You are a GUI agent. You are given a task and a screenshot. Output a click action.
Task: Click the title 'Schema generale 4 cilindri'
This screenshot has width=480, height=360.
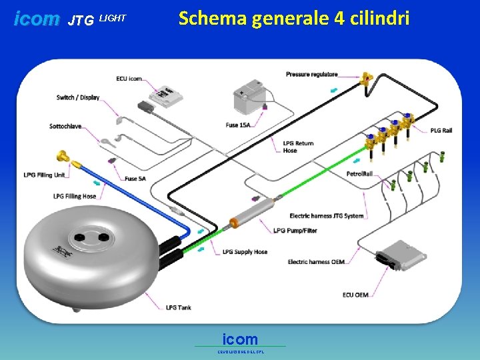tap(293, 18)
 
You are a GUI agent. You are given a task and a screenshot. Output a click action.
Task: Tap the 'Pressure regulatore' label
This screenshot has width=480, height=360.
tap(311, 74)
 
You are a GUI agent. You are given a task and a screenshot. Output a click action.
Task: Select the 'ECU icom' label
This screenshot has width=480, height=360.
tap(129, 79)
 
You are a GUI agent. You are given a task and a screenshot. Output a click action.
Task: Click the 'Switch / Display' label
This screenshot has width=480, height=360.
tap(78, 97)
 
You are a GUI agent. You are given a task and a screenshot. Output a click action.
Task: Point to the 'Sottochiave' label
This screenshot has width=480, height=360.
tap(65, 126)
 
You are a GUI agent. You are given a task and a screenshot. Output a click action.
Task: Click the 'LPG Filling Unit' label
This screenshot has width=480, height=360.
tap(44, 175)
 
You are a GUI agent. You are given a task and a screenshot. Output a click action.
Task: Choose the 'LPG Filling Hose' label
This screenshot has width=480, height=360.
tap(75, 196)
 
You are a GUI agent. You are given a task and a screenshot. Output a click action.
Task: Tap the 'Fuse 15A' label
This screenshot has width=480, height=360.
tap(238, 125)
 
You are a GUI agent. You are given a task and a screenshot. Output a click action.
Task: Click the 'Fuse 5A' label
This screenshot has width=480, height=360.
tap(136, 179)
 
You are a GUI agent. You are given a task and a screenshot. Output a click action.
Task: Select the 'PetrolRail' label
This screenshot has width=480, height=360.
tap(363, 174)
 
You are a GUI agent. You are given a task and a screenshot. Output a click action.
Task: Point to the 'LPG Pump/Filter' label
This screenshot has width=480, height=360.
tap(295, 231)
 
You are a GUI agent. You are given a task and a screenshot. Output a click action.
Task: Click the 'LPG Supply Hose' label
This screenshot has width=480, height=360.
tap(245, 252)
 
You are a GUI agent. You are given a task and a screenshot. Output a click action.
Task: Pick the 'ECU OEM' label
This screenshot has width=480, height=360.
tap(356, 295)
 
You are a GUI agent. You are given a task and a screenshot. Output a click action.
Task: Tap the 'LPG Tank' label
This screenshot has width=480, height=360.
tap(179, 307)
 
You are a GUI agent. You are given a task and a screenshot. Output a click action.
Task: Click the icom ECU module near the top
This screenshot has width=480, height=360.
tap(166, 95)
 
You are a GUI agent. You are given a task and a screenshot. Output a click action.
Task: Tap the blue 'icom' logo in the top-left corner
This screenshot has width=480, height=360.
tap(37, 19)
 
